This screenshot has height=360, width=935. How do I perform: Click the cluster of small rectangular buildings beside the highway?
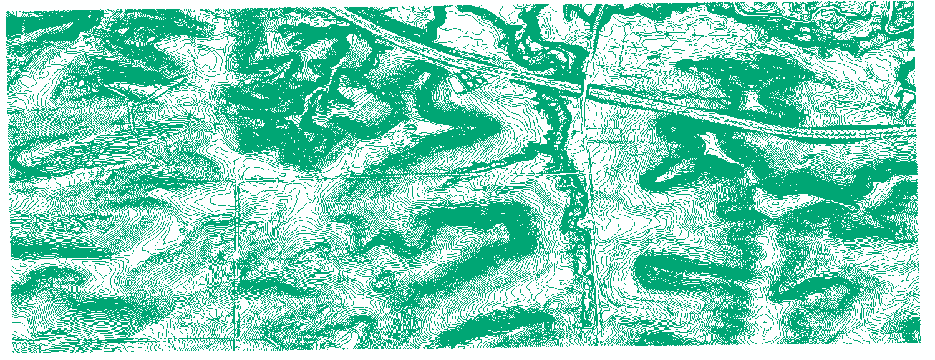click(x=472, y=79)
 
